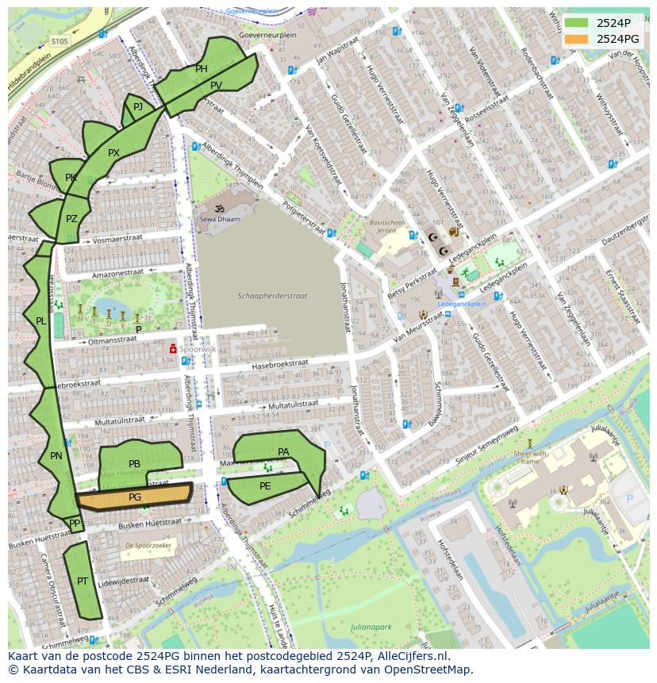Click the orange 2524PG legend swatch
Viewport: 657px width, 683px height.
[x=577, y=39]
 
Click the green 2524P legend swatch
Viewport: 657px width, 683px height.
[x=577, y=22]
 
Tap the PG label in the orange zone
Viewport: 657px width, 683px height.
[x=135, y=497]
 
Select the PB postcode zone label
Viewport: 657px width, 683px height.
[x=134, y=464]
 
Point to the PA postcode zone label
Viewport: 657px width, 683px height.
[x=283, y=452]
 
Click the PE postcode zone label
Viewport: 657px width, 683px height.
[x=265, y=486]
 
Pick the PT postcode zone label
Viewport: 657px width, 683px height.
[x=83, y=581]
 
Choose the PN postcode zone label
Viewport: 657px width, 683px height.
[x=56, y=456]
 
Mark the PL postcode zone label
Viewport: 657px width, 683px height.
[x=40, y=321]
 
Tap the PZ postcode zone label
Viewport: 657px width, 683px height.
[x=71, y=219]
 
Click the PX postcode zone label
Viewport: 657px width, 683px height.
[x=113, y=153]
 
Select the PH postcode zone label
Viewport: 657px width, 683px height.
[x=202, y=69]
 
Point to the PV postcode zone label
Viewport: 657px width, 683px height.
[x=217, y=86]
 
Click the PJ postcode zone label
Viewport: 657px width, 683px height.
[x=138, y=107]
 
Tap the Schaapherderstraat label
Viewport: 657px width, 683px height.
[x=272, y=296]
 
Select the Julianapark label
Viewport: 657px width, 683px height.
[x=371, y=627]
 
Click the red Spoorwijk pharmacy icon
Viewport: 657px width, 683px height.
[x=171, y=348]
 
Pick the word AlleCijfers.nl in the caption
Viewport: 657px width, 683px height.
[x=413, y=656]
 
